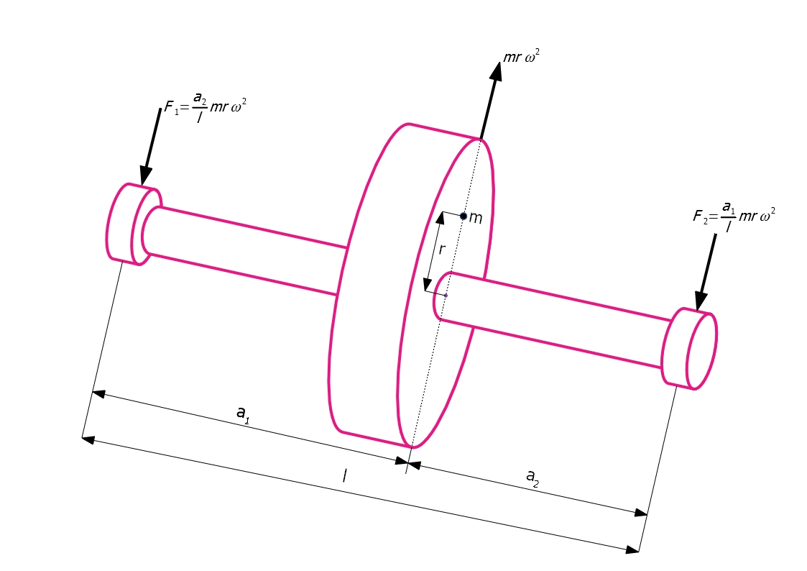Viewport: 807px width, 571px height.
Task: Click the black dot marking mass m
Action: [464, 216]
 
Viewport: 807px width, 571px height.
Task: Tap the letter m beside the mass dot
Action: [476, 219]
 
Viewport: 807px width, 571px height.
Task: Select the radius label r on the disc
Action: [441, 250]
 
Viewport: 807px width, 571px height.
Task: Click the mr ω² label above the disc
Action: [522, 56]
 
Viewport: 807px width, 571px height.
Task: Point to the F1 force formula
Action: [205, 107]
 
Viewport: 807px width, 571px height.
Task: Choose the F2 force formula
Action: [734, 216]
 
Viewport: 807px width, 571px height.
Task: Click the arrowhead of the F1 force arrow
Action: [145, 176]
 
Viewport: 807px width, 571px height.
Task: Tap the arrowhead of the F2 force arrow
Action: [700, 301]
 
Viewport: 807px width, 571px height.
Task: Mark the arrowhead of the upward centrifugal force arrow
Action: [496, 71]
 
